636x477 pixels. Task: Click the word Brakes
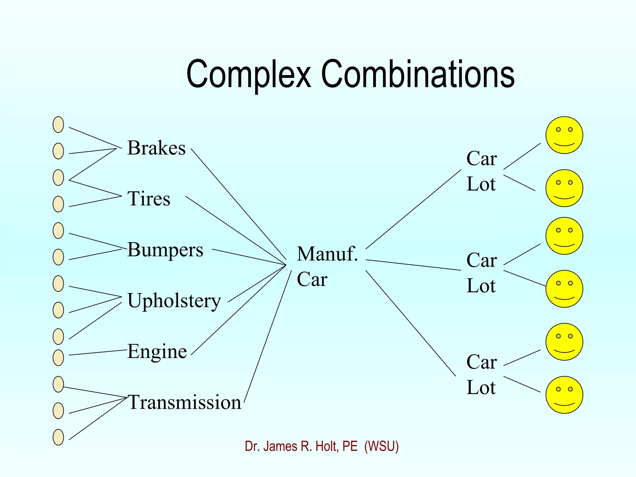coord(156,148)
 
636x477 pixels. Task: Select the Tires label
coord(149,199)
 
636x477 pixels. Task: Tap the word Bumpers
coord(165,250)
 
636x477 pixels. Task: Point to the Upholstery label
coord(174,301)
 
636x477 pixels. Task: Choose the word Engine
coord(157,352)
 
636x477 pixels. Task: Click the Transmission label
coord(184,402)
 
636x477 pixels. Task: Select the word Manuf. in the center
coord(327,254)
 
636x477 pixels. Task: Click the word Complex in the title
coord(248,75)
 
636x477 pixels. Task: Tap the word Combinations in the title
coord(418,75)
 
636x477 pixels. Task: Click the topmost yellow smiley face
coord(564,135)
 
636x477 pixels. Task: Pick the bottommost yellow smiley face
coord(564,395)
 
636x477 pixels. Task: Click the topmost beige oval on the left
coord(58,125)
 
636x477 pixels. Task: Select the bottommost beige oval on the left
coord(58,437)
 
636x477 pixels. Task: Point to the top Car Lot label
coord(481,171)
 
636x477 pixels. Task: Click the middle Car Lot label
coord(481,273)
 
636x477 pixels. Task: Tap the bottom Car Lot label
coord(481,375)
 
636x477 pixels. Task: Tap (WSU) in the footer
coord(381,447)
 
